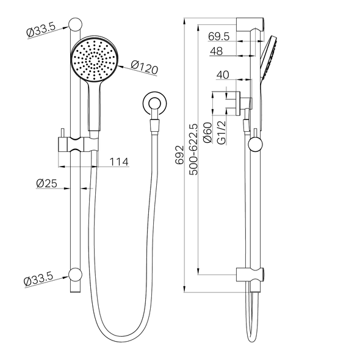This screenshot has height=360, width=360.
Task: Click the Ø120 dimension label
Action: [x=145, y=67]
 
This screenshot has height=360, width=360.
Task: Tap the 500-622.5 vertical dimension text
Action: [x=194, y=150]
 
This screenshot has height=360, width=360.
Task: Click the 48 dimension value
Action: [x=215, y=52]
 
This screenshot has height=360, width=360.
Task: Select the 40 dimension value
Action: [x=223, y=74]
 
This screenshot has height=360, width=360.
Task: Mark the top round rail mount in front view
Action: [x=76, y=25]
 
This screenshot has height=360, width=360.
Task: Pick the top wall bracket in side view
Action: [x=251, y=26]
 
